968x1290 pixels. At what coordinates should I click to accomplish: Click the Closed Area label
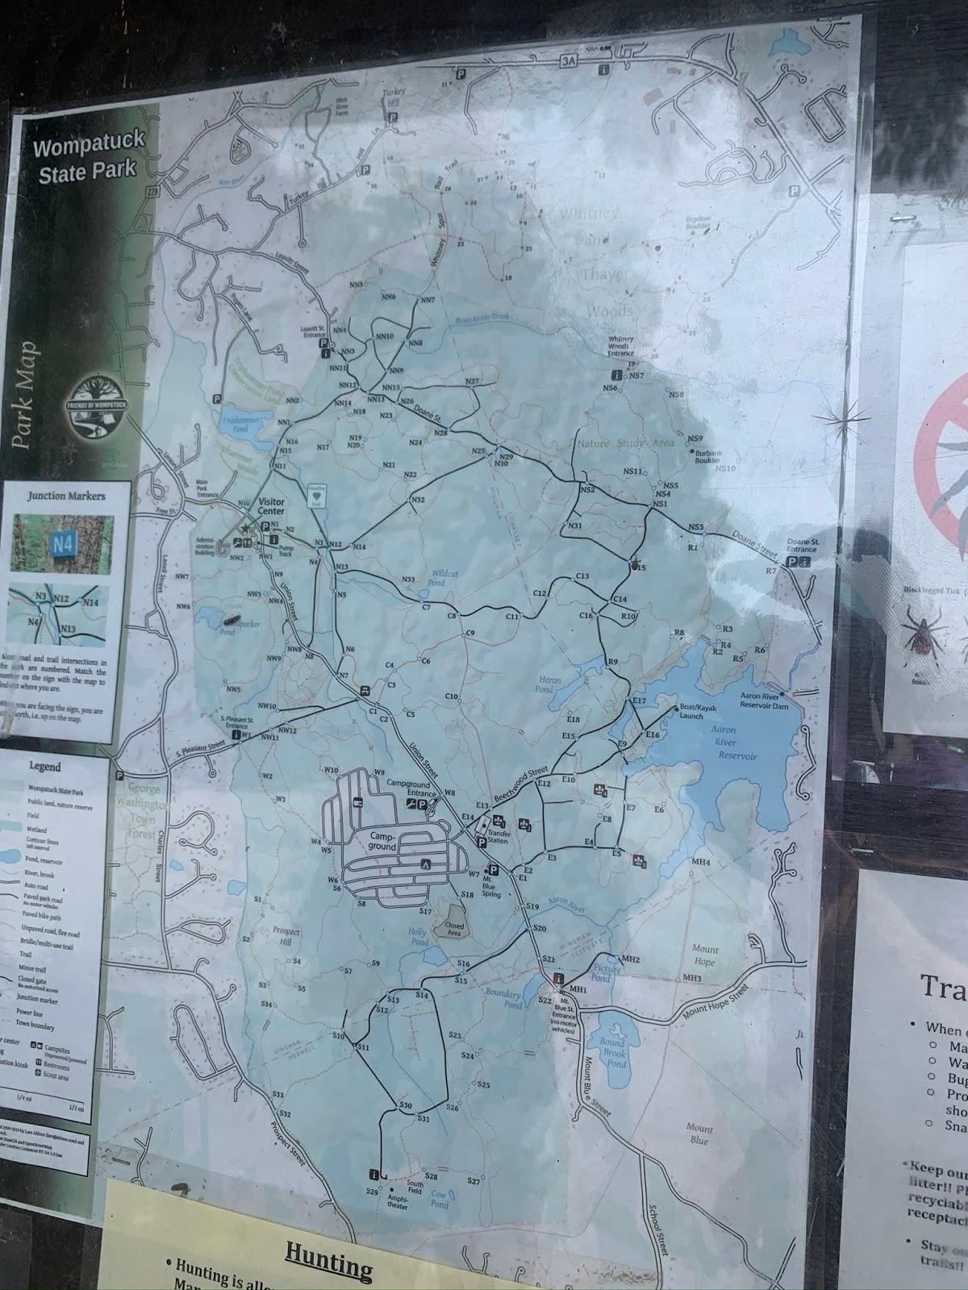click(455, 930)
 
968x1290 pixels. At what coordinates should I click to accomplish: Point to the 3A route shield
click(570, 60)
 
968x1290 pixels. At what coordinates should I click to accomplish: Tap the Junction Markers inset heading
click(66, 496)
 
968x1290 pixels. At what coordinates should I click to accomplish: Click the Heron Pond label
click(545, 685)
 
